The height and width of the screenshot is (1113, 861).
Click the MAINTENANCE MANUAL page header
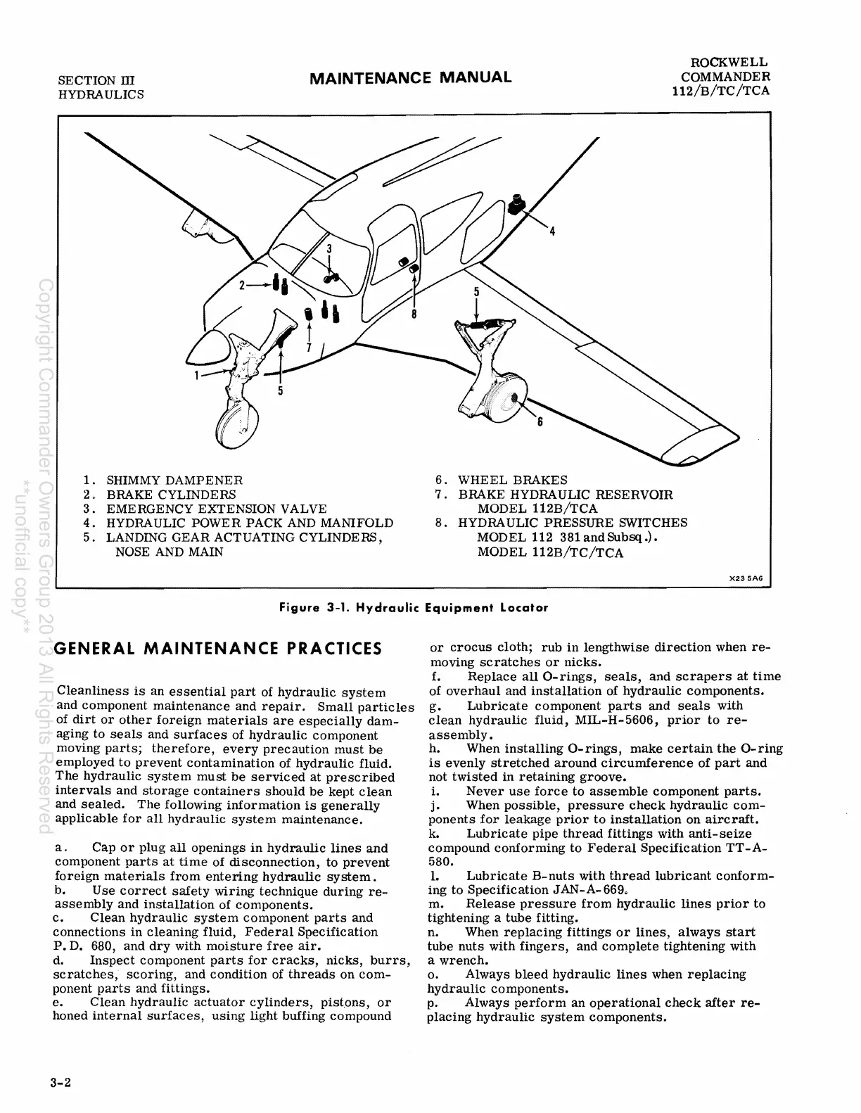(x=411, y=77)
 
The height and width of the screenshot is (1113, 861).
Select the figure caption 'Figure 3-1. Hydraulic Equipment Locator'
(x=413, y=607)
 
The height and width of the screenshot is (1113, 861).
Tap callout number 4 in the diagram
(x=552, y=231)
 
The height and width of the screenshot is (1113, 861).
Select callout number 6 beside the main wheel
(x=540, y=423)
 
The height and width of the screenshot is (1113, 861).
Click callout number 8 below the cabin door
(x=414, y=314)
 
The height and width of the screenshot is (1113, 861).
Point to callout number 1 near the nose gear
(x=198, y=375)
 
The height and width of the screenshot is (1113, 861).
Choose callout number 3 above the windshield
(x=329, y=248)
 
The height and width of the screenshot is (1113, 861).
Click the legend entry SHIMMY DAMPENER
(x=174, y=481)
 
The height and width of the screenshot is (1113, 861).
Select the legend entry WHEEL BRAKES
(x=512, y=481)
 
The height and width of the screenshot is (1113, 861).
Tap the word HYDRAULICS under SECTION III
(x=101, y=94)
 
